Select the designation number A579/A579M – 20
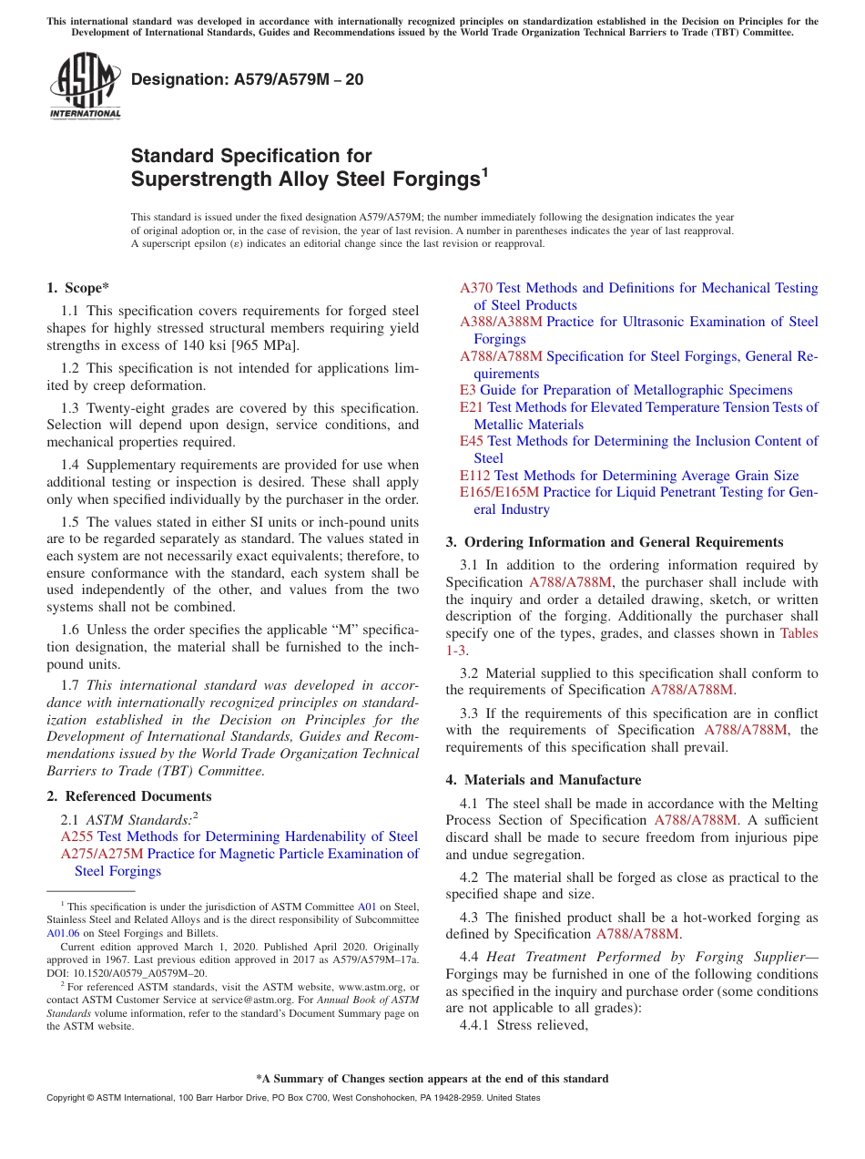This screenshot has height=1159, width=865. (247, 79)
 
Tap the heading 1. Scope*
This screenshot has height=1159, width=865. (78, 288)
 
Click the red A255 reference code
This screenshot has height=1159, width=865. (76, 836)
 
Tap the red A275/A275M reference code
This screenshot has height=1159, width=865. (102, 854)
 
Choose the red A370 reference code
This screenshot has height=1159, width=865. (476, 288)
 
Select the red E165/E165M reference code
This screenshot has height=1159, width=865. (499, 493)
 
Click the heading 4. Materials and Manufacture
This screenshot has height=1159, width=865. (543, 780)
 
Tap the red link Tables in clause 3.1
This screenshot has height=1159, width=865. (799, 633)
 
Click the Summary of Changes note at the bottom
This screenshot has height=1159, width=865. (432, 1079)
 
